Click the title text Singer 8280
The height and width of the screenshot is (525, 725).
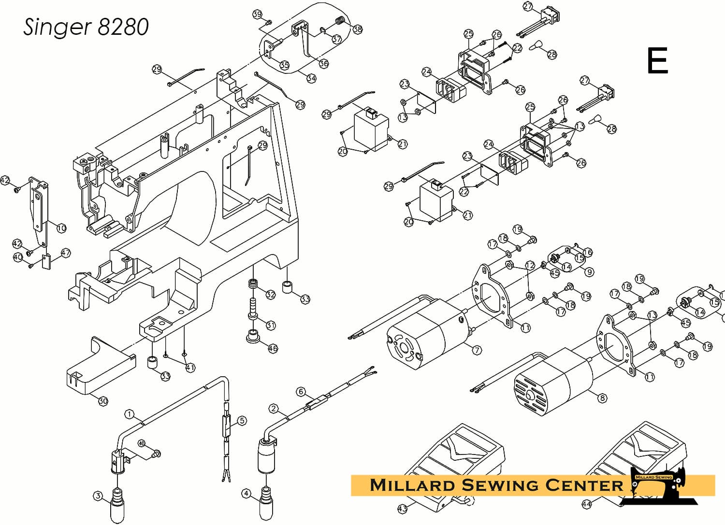[86, 27]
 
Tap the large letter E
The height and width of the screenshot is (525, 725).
[657, 61]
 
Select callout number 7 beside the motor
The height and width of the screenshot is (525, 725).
[477, 350]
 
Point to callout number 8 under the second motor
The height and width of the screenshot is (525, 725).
[602, 398]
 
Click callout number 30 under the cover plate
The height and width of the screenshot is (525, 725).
[102, 401]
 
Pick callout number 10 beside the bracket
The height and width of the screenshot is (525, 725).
[61, 227]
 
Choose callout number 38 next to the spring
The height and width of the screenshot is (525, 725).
[357, 29]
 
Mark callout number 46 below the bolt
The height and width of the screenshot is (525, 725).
[273, 348]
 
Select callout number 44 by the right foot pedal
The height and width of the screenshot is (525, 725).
[586, 504]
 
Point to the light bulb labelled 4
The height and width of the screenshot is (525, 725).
[267, 502]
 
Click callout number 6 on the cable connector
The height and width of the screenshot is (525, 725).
[301, 392]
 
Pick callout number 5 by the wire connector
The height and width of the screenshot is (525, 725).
[242, 421]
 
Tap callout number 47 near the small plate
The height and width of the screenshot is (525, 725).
[65, 253]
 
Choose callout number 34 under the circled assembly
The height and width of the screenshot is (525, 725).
[311, 78]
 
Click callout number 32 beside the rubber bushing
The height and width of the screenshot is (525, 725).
[270, 294]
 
